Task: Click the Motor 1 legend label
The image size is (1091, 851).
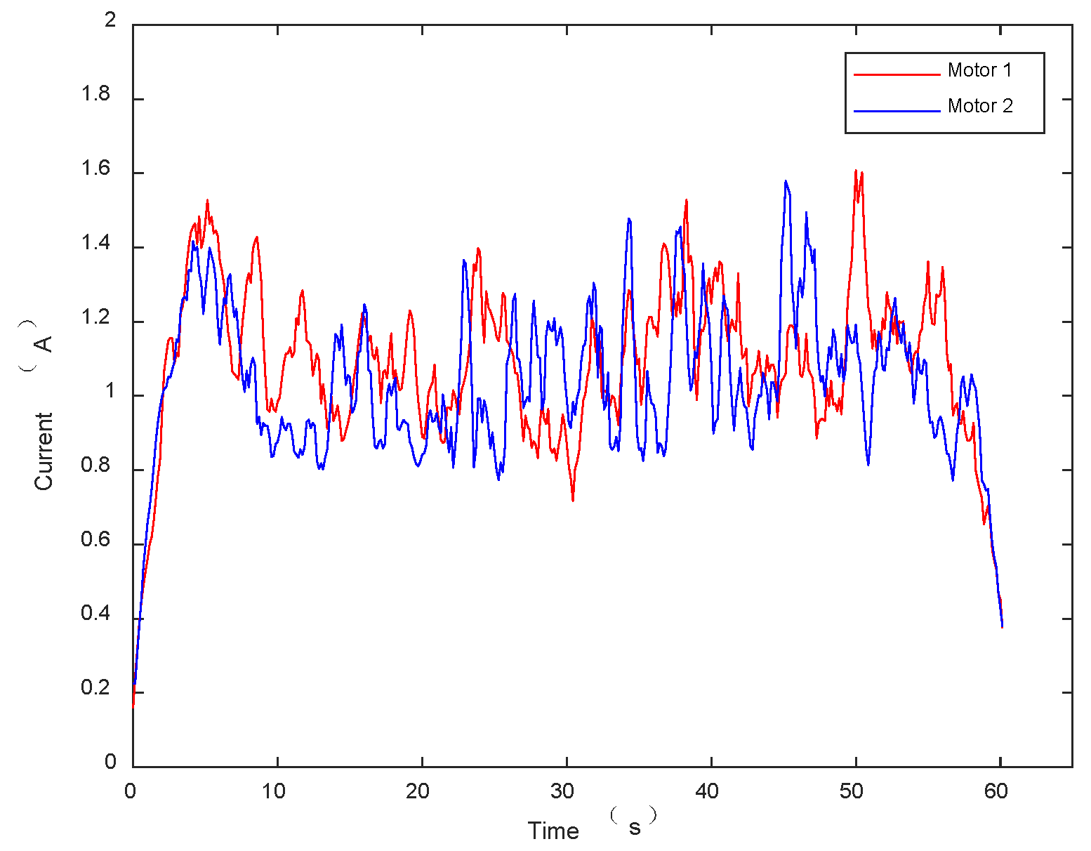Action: pos(979,70)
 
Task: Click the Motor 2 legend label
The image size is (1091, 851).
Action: pos(980,106)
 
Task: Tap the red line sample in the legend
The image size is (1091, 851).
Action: pos(897,74)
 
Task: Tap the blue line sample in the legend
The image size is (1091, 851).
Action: pos(897,110)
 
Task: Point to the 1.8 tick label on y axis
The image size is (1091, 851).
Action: pos(96,95)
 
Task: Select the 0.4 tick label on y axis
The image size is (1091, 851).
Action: pos(96,614)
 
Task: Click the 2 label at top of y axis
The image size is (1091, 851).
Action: pos(110,20)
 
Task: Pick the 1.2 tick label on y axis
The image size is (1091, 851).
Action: pos(96,317)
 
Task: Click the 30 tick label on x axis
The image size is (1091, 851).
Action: pos(562,792)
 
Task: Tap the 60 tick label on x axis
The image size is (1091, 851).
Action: pos(996,792)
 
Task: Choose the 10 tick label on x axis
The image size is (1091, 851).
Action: pos(274,792)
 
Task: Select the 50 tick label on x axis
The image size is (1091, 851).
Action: pos(851,792)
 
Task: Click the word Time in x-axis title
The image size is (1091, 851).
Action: pos(553,831)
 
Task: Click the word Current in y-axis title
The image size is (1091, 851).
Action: pos(44,451)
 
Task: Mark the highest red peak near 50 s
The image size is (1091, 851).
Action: pos(855,171)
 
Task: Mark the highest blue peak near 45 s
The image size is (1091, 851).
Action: pos(786,181)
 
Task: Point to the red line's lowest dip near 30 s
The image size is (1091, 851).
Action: pos(573,500)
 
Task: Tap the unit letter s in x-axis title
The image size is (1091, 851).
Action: pos(635,829)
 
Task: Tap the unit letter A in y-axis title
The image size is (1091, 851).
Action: pos(44,343)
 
